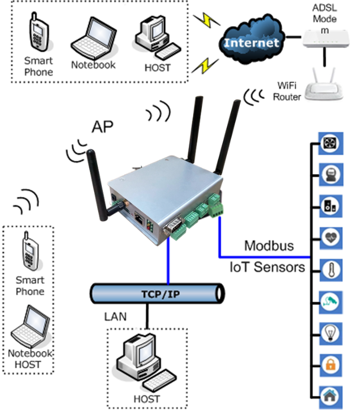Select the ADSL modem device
324,41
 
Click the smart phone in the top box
37,36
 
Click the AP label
103,126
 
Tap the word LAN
115,317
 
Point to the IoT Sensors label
267,267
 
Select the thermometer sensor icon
329,269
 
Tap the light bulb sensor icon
329,333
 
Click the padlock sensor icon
329,364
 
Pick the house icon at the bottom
329,395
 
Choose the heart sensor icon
329,237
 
